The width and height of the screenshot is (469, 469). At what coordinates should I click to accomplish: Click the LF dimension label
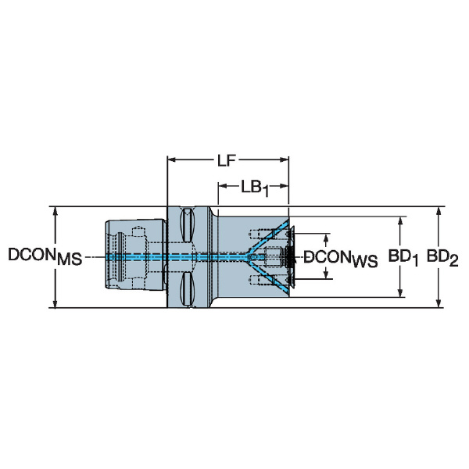coord(227,160)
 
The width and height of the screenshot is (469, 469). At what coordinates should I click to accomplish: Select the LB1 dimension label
coord(255,188)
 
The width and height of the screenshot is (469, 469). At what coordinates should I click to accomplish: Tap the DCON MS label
coord(45,256)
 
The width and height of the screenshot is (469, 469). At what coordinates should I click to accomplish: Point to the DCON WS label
coord(341,259)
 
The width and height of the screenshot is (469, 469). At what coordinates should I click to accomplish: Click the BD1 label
coord(403,258)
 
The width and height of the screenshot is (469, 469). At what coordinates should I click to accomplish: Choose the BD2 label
coord(442,258)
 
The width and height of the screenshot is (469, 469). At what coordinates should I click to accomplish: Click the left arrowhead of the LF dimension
coord(171,159)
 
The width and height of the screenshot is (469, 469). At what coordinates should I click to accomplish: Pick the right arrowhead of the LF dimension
coord(285,159)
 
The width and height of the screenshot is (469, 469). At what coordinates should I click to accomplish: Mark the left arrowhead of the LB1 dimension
coord(223,186)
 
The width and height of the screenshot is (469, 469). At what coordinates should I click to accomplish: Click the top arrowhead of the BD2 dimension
coord(439,211)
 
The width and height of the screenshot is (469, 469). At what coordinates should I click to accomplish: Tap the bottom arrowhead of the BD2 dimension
coord(439,303)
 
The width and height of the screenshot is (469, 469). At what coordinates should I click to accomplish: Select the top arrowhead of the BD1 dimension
coord(400,220)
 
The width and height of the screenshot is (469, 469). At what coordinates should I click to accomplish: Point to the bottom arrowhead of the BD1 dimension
coord(400,293)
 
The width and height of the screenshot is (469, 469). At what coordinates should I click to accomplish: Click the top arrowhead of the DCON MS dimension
coord(55,211)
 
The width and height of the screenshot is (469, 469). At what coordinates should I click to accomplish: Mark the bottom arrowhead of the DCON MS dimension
coord(55,303)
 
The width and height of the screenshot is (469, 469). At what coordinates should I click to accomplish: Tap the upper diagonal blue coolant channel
coord(268,237)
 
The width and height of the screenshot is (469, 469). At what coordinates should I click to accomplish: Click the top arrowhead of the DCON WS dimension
coord(327,238)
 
